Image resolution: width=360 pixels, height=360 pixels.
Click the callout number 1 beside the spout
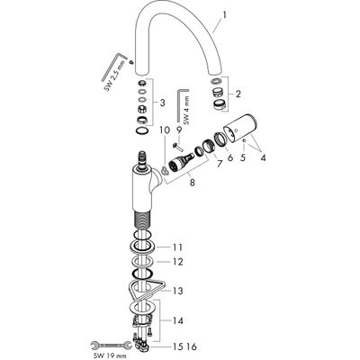[225, 15]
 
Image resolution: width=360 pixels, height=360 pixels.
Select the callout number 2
[238, 94]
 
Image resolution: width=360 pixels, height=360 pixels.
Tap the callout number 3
[162, 103]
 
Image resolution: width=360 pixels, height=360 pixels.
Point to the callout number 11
[178, 247]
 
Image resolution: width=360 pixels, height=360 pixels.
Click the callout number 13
[178, 291]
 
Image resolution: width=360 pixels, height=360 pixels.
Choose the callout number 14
[178, 321]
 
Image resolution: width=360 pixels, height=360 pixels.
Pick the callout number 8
[193, 182]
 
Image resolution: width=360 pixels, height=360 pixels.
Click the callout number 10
[165, 130]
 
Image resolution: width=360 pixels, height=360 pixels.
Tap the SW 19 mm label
[110, 356]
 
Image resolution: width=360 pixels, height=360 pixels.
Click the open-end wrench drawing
[111, 346]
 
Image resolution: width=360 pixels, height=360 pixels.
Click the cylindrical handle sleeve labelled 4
[240, 130]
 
